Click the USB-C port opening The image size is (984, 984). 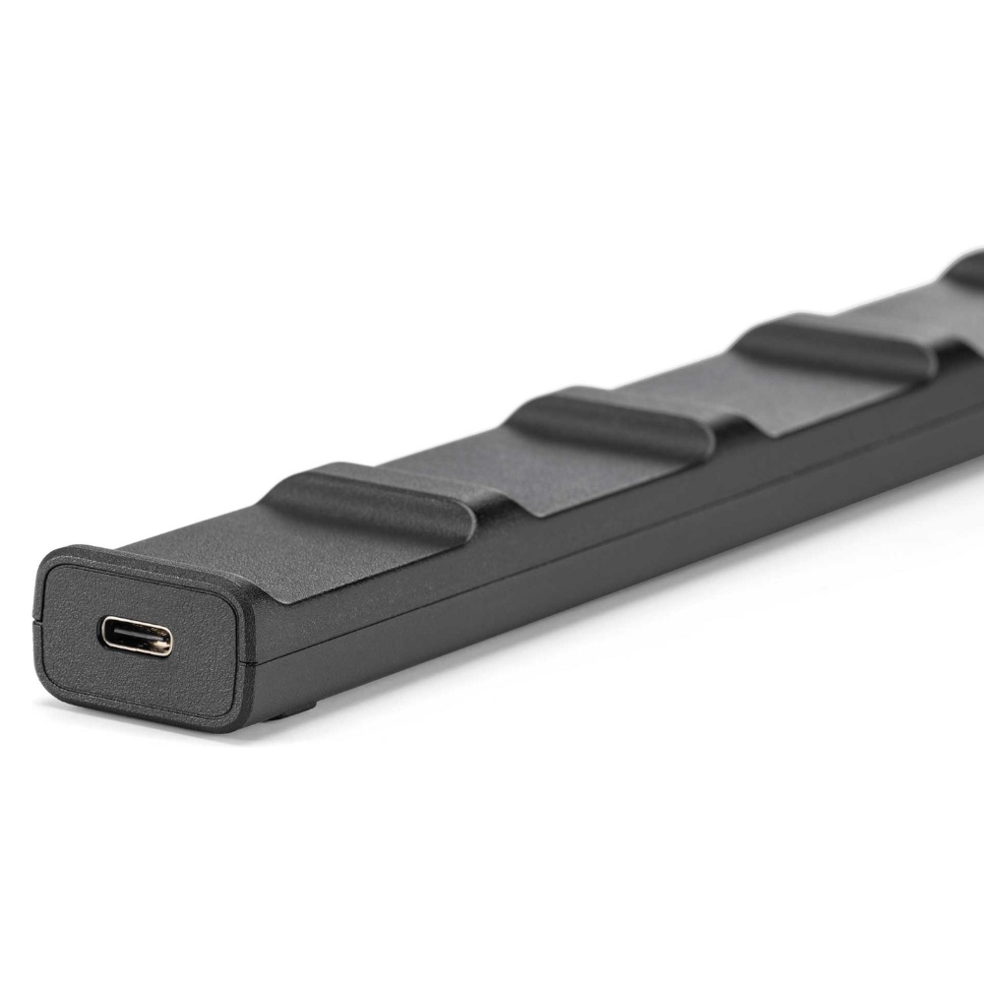(136, 636)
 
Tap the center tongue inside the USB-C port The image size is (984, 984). (136, 638)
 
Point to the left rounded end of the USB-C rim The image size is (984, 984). (103, 634)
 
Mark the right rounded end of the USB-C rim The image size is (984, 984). (168, 641)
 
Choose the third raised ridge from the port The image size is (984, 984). (836, 343)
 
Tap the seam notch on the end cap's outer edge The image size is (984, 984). (36, 620)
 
